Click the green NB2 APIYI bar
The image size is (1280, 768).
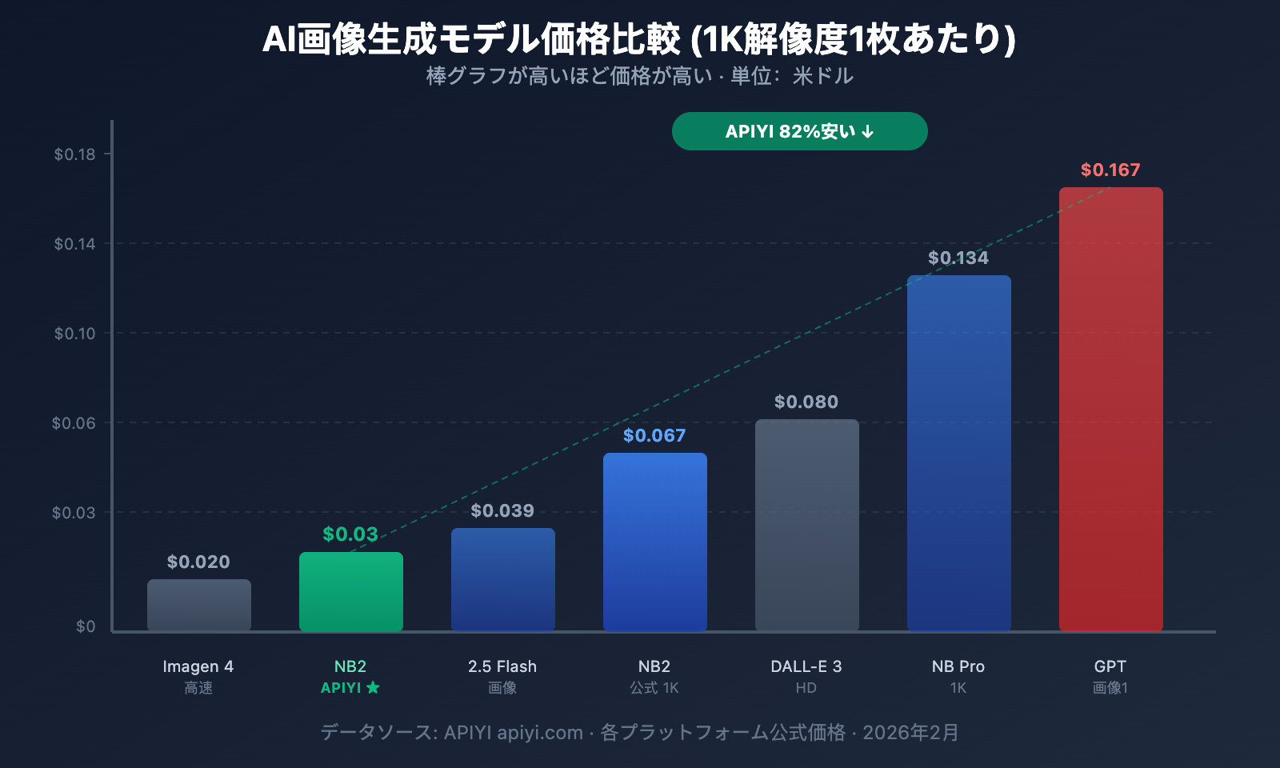tap(350, 592)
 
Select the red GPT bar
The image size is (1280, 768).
tap(1110, 409)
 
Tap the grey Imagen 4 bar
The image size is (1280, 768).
tap(198, 606)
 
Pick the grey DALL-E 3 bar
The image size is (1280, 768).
tap(806, 525)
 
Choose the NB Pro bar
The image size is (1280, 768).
tap(958, 453)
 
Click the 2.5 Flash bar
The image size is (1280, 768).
tap(502, 579)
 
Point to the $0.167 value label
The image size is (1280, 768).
tap(1110, 170)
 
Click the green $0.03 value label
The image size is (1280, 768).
tap(350, 534)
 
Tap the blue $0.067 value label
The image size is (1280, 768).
tap(654, 435)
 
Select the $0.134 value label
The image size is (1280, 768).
tap(958, 258)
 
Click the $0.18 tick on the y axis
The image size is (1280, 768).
tap(74, 154)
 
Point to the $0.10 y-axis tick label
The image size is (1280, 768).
tap(74, 334)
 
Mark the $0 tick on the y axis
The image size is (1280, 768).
tap(86, 626)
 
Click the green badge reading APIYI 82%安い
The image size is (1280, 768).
tap(799, 131)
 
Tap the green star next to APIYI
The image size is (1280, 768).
tap(373, 687)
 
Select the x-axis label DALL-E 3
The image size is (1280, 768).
tap(806, 666)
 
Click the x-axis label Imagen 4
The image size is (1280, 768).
tap(198, 666)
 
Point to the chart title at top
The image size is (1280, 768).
tap(639, 38)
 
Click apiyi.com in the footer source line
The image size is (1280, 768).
tap(540, 733)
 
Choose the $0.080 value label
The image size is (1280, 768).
tap(806, 402)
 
